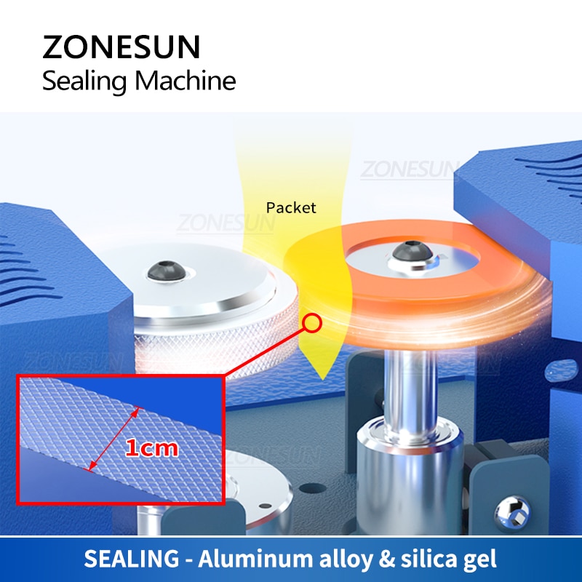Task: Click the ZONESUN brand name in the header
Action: point(121,47)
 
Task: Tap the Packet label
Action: point(291,208)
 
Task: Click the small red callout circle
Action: point(311,322)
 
